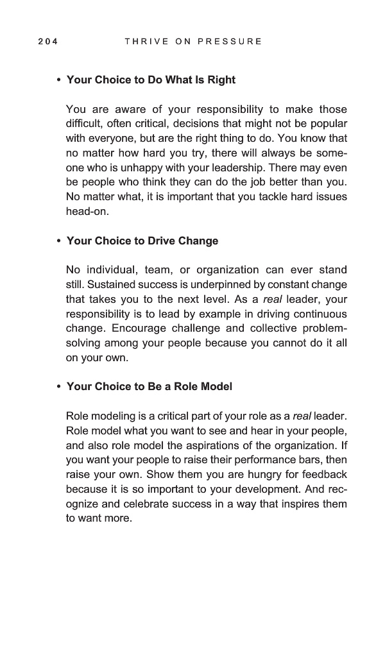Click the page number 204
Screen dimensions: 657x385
coord(47,42)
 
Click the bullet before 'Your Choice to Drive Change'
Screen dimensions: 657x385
coord(58,241)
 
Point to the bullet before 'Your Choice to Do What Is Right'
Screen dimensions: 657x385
coord(58,80)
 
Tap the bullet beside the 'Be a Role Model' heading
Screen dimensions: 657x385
coord(58,387)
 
